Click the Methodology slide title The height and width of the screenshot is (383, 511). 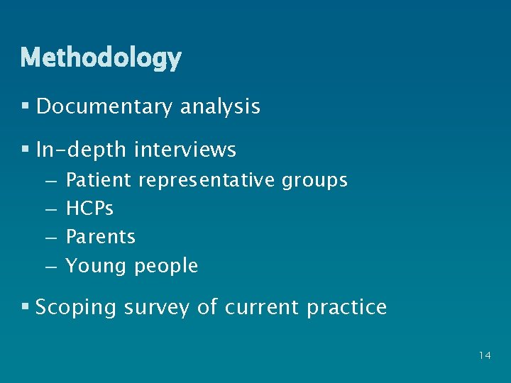point(101,57)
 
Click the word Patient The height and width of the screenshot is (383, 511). point(98,180)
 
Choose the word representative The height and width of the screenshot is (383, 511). point(206,180)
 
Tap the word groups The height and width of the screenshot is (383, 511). point(314,181)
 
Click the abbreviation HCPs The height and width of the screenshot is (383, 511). point(89,209)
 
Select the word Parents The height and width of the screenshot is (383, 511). point(100,237)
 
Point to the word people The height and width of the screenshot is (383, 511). point(166,266)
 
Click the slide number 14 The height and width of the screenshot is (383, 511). point(485,355)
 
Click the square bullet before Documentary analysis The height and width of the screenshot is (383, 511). point(25,107)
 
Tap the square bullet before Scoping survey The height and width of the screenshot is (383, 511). point(25,307)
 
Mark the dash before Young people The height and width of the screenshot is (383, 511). point(50,266)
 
